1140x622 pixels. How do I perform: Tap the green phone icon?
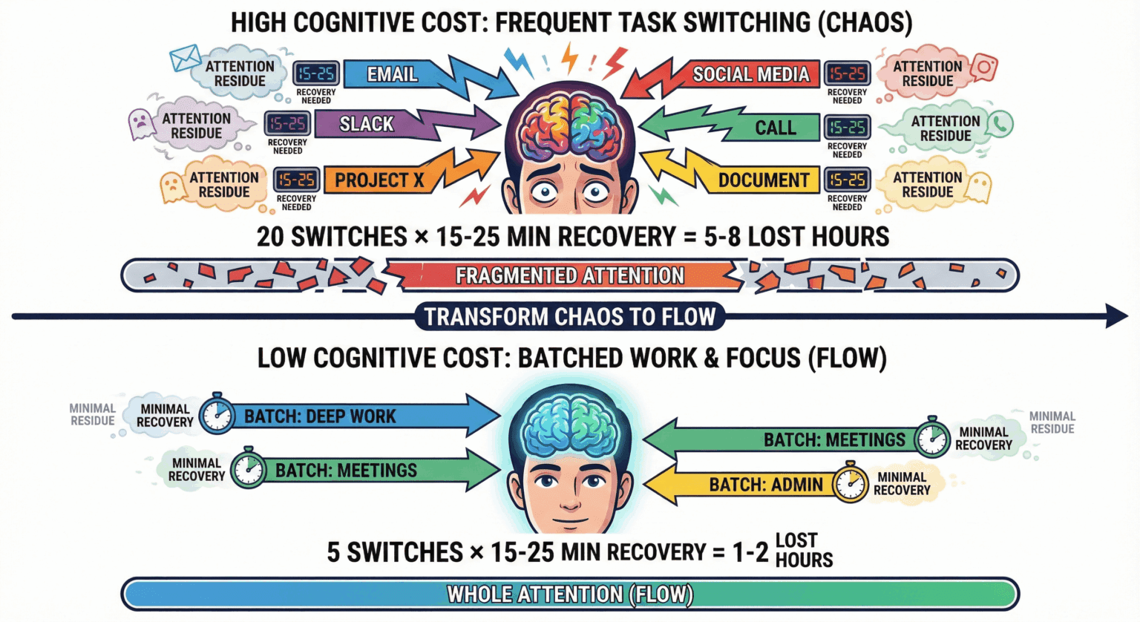(1000, 124)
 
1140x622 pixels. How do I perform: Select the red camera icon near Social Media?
(984, 68)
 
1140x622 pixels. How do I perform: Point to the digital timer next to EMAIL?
(316, 73)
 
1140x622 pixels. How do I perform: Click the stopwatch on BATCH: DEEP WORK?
(217, 414)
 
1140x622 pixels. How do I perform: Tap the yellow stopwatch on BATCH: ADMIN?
(850, 482)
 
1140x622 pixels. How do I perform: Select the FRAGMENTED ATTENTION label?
(569, 275)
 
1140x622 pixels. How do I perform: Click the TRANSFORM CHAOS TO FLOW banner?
(570, 316)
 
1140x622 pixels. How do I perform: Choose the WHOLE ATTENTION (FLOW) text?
(570, 594)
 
